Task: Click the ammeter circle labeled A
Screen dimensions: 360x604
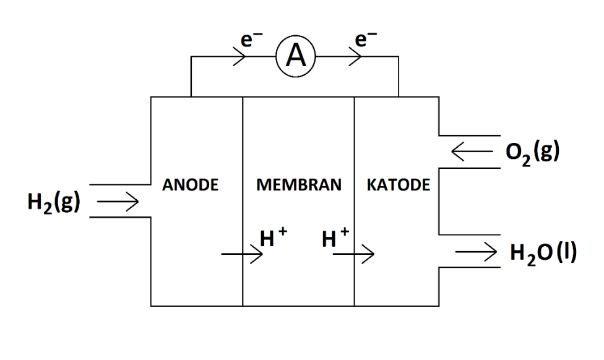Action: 296,58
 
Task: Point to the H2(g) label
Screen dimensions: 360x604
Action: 52,202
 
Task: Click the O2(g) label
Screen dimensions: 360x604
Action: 533,150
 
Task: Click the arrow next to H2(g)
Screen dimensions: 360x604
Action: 118,202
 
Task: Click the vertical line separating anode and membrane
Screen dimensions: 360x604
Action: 242,155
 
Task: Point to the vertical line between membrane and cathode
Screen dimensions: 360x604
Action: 355,155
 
